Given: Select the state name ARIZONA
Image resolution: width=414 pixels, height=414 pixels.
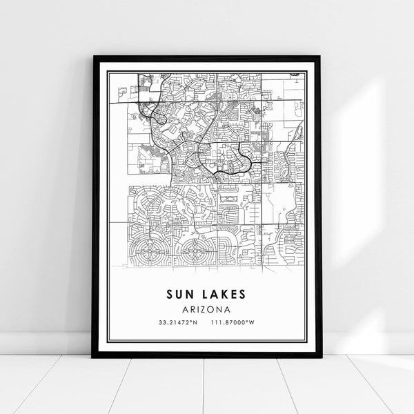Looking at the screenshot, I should pos(206,310).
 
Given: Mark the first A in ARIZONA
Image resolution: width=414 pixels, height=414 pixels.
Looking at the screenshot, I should pos(188,310).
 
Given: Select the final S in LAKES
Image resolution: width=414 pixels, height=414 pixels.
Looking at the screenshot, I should pos(242,294).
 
